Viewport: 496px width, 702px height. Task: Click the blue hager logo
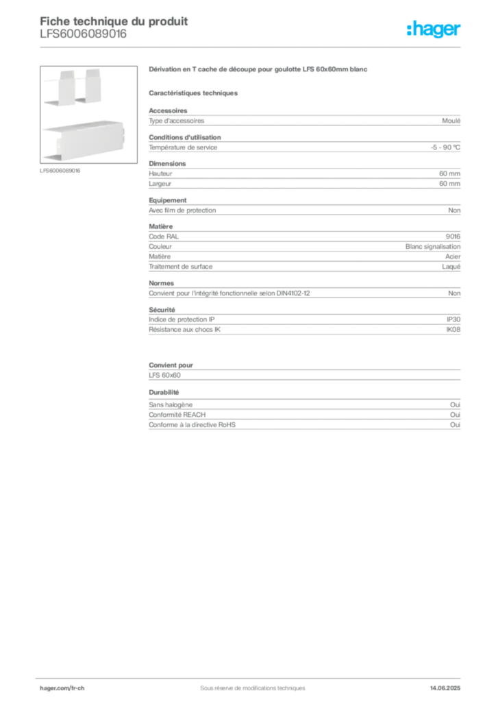click(435, 30)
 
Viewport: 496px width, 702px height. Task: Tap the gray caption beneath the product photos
click(60, 171)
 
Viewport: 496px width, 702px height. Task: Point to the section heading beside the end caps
click(260, 71)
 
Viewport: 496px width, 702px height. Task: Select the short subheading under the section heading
click(195, 92)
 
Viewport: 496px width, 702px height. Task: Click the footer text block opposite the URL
click(445, 685)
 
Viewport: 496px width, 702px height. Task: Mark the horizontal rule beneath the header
click(252, 47)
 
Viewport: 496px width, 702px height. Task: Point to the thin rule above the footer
click(252, 675)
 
